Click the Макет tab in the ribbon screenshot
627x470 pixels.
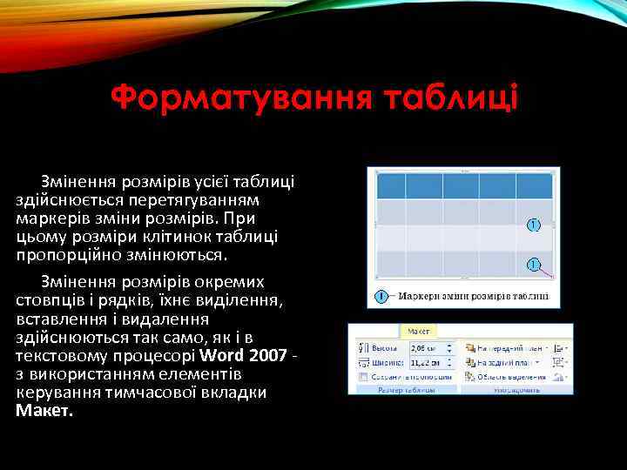(418, 332)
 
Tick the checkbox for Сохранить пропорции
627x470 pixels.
(362, 377)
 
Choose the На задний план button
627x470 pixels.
(503, 361)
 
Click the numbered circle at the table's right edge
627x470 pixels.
(534, 225)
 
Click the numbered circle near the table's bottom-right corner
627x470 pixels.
(533, 264)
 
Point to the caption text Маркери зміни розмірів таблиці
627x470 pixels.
(473, 296)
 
